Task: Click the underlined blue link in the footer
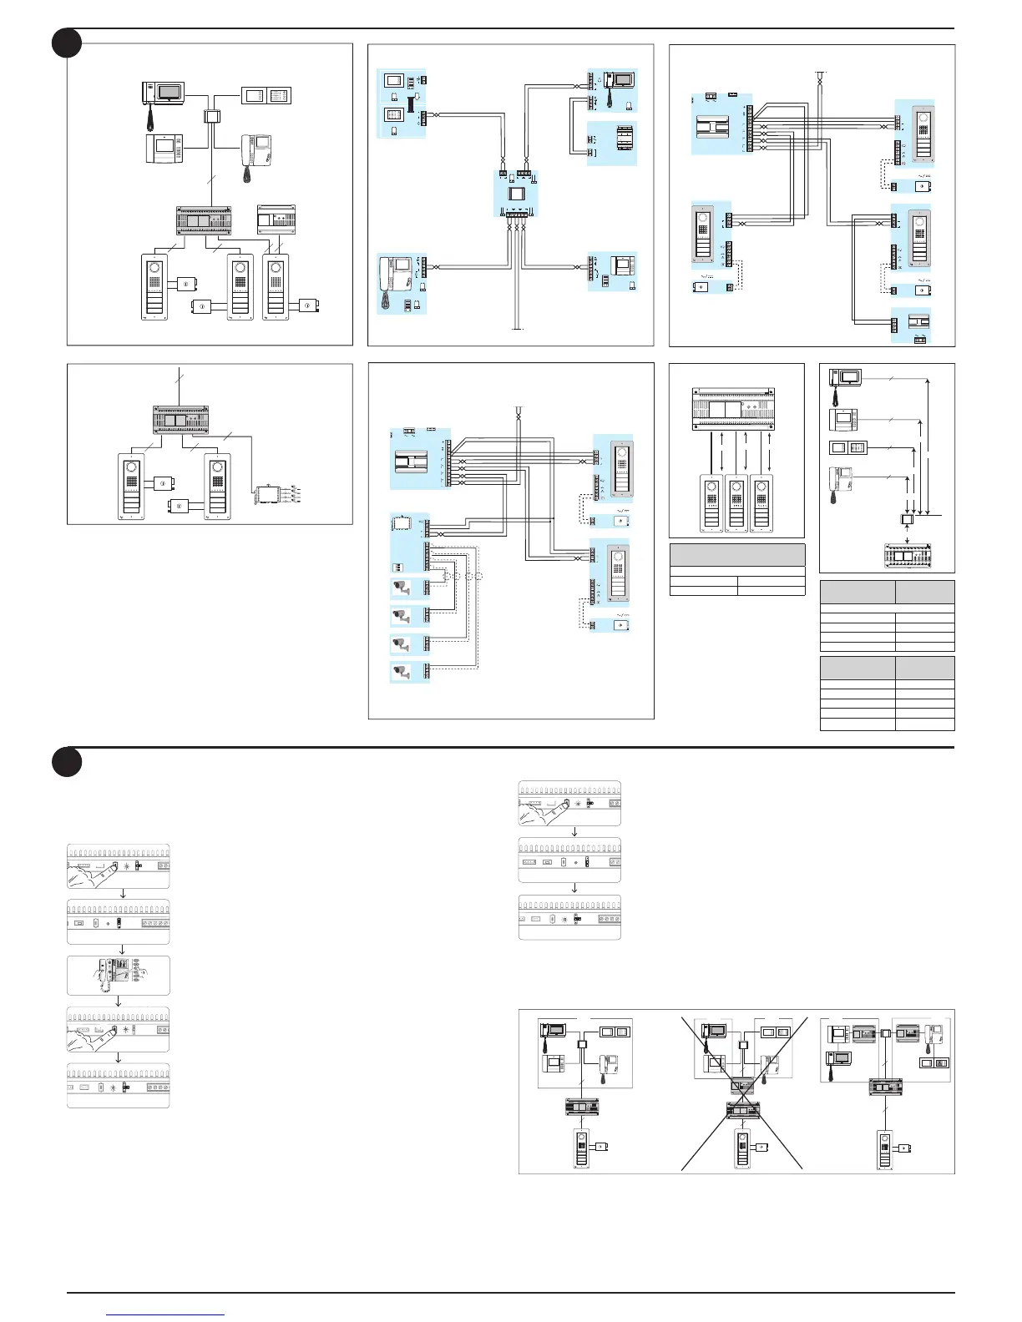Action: (165, 1314)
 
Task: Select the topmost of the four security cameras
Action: (402, 588)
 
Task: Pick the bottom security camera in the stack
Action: (402, 671)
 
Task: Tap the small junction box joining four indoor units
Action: (211, 116)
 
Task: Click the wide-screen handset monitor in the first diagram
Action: (164, 93)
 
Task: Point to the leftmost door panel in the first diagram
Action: (155, 287)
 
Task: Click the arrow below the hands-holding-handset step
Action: (119, 1001)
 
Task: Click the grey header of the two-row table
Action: (737, 555)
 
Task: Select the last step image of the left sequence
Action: (119, 1086)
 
